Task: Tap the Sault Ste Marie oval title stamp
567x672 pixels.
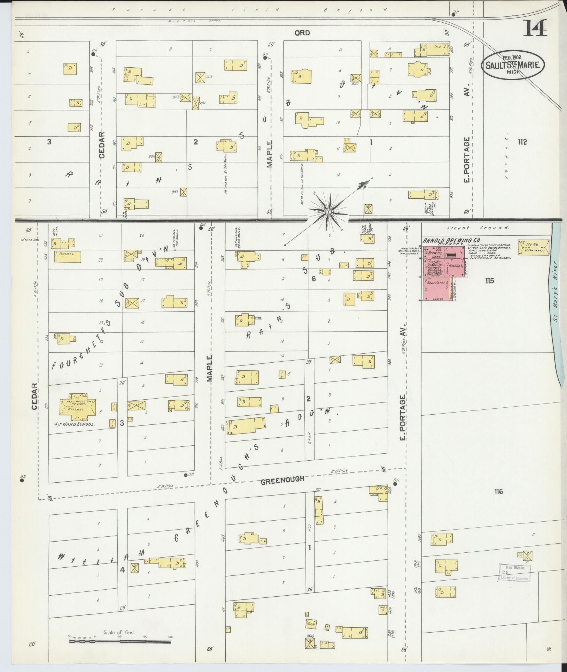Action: click(513, 65)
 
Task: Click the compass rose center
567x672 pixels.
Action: click(328, 211)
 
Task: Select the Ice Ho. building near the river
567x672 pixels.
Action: click(533, 247)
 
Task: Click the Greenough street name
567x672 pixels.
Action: click(282, 479)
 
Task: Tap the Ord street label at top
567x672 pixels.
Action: click(302, 33)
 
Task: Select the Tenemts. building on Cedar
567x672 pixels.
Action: click(68, 257)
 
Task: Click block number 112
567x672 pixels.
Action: click(522, 142)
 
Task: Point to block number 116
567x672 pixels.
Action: click(498, 492)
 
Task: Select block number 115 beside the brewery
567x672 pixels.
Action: click(489, 280)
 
